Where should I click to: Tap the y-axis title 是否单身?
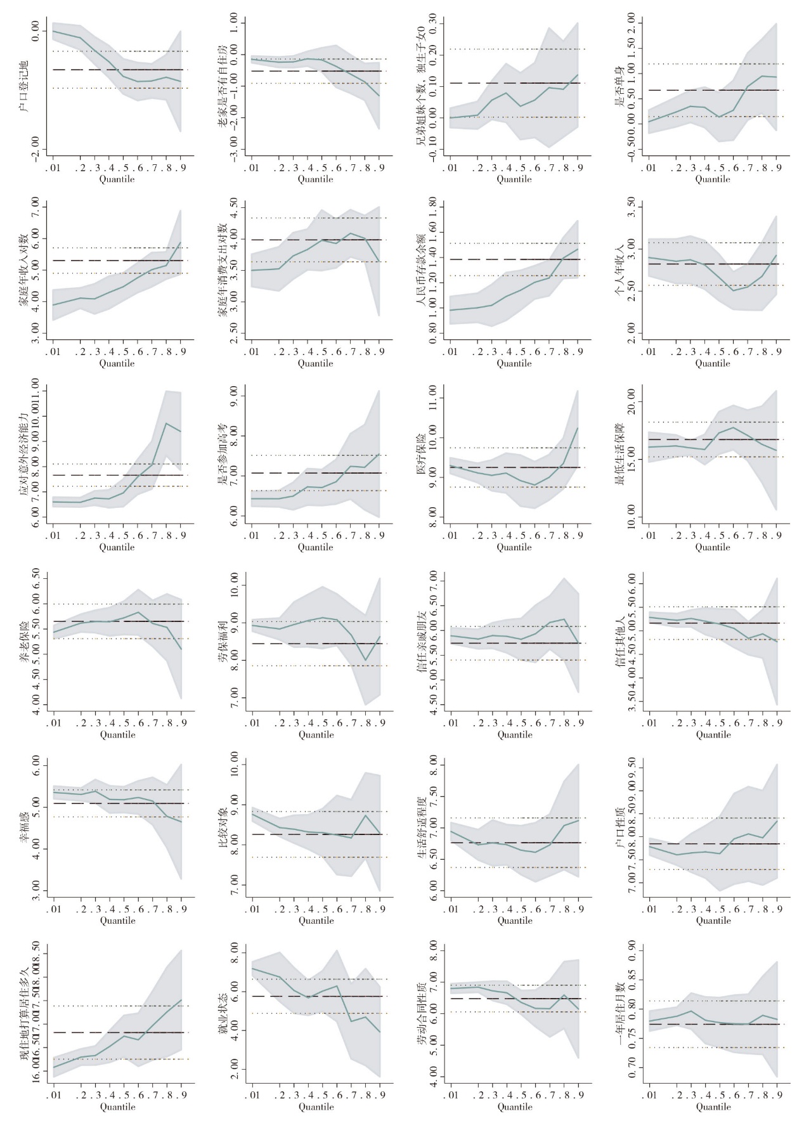coord(619,91)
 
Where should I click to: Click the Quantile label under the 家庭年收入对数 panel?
coord(117,363)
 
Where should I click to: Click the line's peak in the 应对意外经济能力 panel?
coord(167,423)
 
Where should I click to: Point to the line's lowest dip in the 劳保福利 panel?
coord(366,660)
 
